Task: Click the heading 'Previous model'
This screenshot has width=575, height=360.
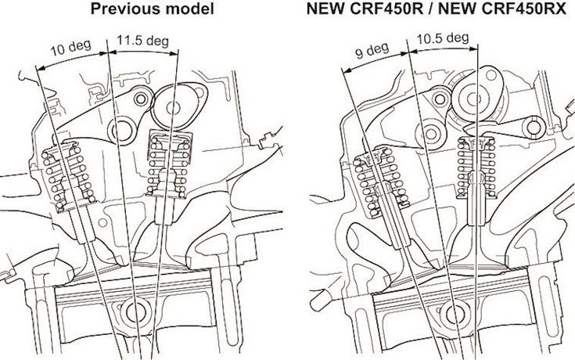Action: (x=153, y=9)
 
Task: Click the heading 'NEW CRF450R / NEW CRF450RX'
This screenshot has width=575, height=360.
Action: (x=436, y=9)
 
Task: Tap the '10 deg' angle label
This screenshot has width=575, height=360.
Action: (x=70, y=48)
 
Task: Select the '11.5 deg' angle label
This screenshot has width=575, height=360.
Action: (x=142, y=40)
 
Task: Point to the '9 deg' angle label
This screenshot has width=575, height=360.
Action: (x=372, y=51)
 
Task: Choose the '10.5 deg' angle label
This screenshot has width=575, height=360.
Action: (x=442, y=38)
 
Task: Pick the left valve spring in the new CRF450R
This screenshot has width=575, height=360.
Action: (x=382, y=182)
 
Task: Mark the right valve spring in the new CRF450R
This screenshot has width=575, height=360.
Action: (x=476, y=167)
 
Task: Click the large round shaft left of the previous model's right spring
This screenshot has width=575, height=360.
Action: (x=121, y=130)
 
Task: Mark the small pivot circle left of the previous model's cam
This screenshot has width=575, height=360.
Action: (x=141, y=99)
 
